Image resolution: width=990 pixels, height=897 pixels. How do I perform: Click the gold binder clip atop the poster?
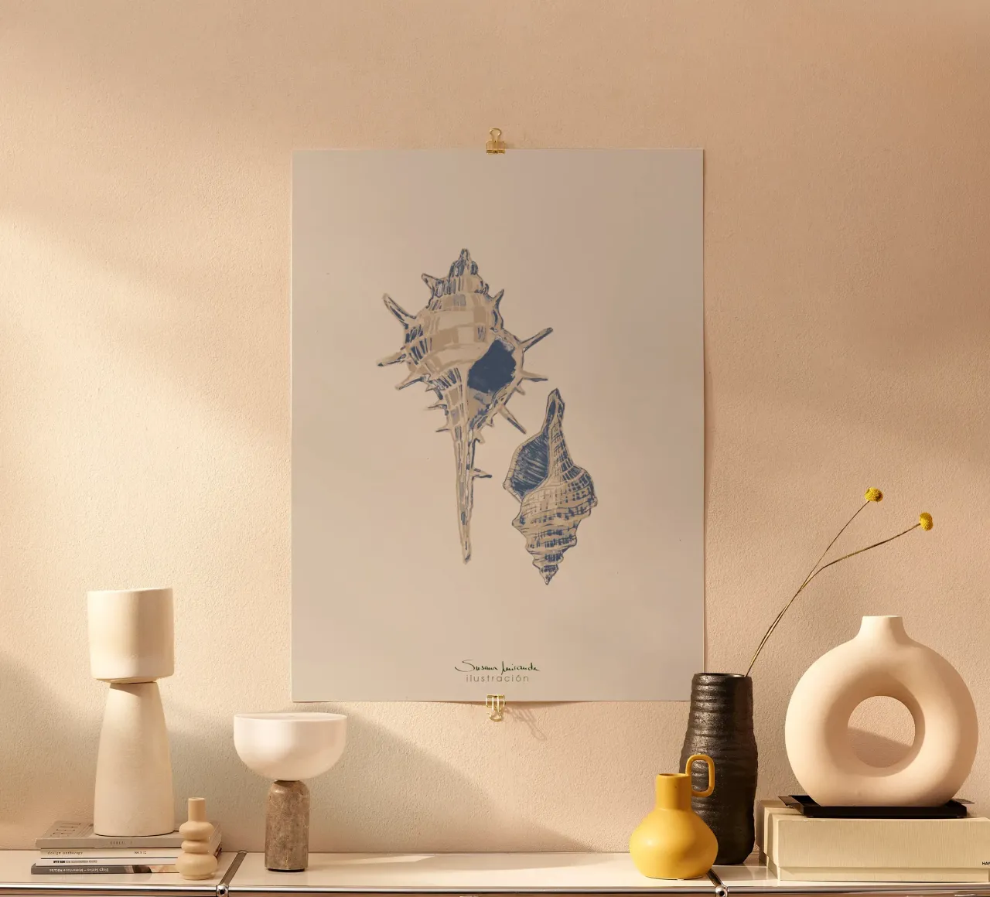(x=496, y=142)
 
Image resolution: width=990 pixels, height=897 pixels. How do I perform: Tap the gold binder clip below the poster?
(x=496, y=708)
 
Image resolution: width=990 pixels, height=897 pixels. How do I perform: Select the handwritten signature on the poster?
(x=497, y=667)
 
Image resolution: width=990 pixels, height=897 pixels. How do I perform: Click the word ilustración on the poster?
(x=497, y=679)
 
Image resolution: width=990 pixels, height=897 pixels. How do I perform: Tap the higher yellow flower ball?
(x=873, y=494)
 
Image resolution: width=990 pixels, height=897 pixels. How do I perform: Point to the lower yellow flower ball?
(x=925, y=522)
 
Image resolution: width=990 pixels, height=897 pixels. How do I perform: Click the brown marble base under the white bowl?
(x=287, y=826)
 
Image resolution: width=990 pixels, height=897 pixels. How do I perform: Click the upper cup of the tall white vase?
(x=130, y=633)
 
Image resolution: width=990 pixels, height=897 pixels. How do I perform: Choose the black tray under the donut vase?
(x=874, y=808)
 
